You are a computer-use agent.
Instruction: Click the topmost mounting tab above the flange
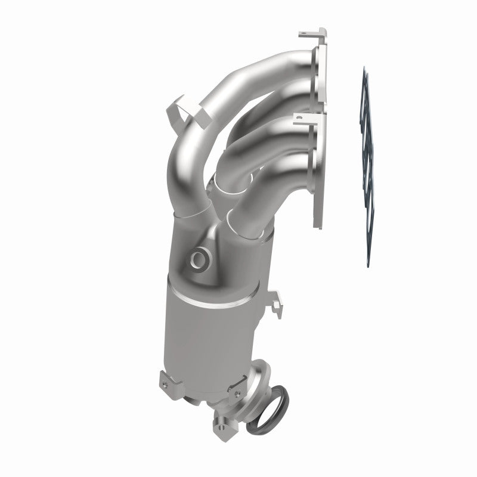[x=310, y=33]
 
